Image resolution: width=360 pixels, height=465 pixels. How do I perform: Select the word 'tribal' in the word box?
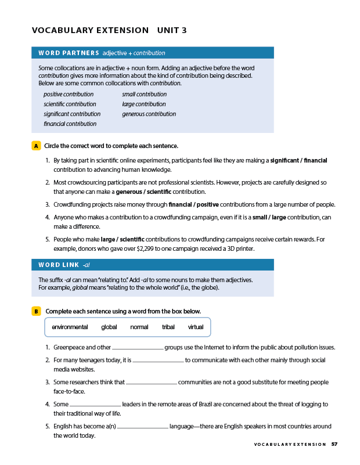[x=168, y=327]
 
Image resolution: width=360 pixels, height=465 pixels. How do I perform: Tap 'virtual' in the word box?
[x=196, y=327]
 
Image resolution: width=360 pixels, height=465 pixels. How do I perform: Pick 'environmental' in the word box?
[x=70, y=327]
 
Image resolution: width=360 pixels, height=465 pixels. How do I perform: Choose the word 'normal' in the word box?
[x=139, y=327]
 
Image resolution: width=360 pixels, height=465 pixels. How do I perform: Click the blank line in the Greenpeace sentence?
[x=138, y=348]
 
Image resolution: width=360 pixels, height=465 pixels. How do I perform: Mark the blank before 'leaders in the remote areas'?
[x=95, y=405]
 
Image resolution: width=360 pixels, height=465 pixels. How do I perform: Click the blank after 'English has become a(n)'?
[x=143, y=427]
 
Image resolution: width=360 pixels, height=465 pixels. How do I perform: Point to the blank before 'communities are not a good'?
[x=152, y=383]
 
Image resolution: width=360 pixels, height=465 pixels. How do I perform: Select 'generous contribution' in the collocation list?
[x=149, y=114]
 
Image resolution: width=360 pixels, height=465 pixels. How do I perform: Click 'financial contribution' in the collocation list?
[x=70, y=124]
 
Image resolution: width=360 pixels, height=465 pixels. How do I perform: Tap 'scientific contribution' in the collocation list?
[x=70, y=104]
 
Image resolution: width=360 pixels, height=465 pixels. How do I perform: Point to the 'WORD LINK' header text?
[x=59, y=265]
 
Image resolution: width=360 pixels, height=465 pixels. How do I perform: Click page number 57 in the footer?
[x=334, y=445]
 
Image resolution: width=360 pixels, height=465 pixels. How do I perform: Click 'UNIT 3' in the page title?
[x=172, y=30]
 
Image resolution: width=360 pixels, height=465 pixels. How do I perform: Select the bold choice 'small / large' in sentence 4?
[x=268, y=218]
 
